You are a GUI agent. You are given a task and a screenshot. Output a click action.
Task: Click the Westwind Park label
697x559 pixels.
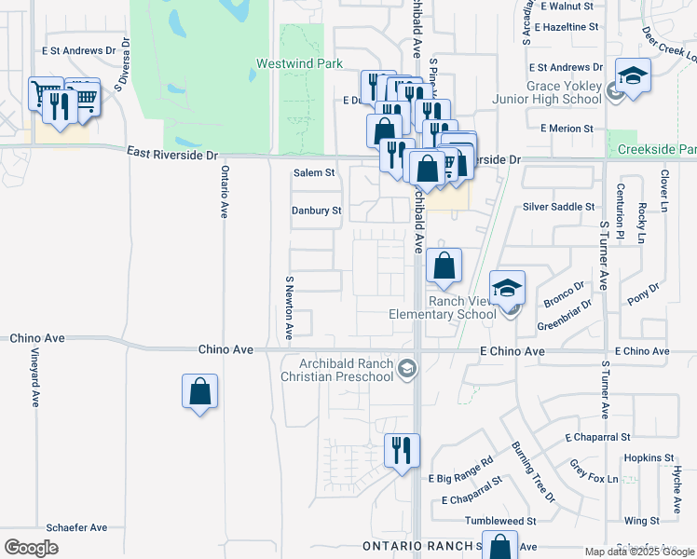(288, 67)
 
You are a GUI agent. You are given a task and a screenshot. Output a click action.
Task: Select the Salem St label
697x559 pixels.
(314, 173)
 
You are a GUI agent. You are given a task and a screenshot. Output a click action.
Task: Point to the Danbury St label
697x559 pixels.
(316, 211)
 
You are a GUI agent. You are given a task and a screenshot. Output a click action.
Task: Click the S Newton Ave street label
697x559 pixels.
(290, 307)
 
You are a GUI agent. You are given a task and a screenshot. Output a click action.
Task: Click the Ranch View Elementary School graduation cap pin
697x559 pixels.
(508, 289)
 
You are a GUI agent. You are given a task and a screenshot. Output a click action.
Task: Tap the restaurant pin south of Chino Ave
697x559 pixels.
(402, 451)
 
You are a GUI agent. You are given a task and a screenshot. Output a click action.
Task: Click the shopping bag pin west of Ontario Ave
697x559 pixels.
(200, 391)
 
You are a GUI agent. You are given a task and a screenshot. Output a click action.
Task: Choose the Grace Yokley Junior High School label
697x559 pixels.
(564, 92)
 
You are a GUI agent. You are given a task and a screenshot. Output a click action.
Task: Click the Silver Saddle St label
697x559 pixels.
(559, 207)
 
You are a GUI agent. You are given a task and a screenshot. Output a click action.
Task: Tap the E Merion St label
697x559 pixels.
(560, 129)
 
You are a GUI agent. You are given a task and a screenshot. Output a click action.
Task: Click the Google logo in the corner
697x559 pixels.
(31, 548)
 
